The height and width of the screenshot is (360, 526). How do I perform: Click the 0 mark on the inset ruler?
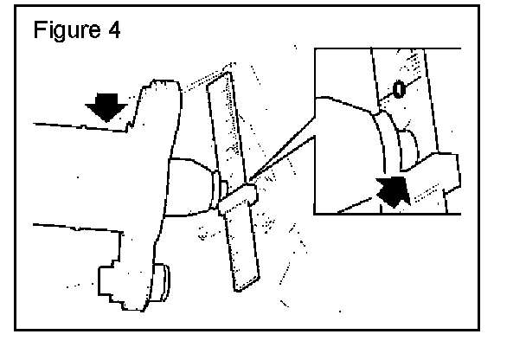(398, 89)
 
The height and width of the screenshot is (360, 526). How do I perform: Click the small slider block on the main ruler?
(236, 198)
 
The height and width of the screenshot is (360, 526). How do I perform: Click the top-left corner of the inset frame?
(314, 49)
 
